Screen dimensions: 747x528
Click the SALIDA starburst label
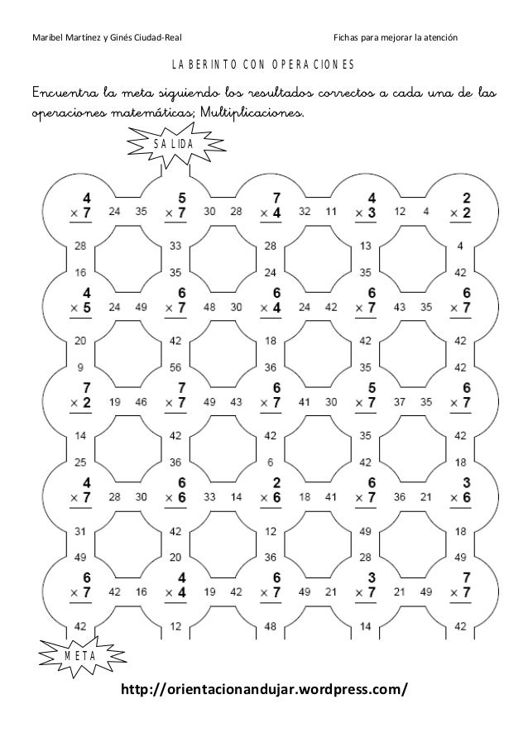(174, 145)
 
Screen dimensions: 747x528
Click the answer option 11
(331, 212)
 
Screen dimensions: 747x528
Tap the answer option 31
(81, 530)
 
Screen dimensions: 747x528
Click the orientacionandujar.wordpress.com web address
(264, 689)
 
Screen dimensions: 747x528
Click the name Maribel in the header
(49, 38)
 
